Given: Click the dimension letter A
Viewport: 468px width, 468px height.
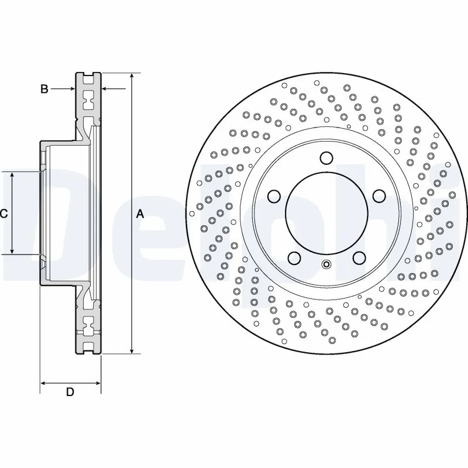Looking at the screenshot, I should coord(140,215).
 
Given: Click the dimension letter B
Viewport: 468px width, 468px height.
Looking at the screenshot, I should coord(44,89).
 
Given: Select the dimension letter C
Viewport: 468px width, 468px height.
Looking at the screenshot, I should coord(4,214).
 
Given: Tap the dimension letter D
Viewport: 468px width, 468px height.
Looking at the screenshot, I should coord(70,393).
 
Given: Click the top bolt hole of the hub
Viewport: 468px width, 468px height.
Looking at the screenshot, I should coord(326,158).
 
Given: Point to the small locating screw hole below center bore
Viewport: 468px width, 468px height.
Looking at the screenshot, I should coord(326,264).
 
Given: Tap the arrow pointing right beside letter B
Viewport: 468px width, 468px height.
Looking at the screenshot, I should coord(71,89).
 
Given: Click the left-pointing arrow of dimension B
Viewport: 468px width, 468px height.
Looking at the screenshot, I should coord(105,89).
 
